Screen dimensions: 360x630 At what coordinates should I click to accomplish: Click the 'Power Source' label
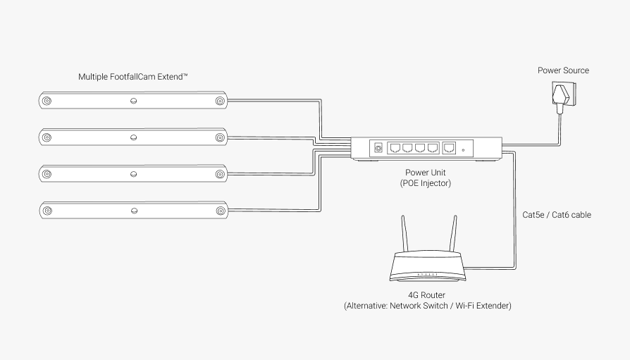pyautogui.click(x=563, y=70)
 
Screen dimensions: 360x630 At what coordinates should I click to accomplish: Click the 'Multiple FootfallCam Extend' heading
pyautogui.click(x=133, y=75)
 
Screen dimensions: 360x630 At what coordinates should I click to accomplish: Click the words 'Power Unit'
pyautogui.click(x=425, y=173)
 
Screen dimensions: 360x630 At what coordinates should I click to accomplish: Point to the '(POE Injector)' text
pyautogui.click(x=425, y=183)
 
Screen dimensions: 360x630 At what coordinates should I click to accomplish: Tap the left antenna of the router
pyautogui.click(x=404, y=232)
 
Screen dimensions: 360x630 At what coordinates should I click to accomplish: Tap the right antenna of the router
pyautogui.click(x=452, y=232)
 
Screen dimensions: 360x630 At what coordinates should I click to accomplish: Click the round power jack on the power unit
pyautogui.click(x=378, y=148)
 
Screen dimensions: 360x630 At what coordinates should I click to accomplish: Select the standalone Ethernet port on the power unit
pyautogui.click(x=449, y=148)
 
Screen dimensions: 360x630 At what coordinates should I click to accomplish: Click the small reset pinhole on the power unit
pyautogui.click(x=463, y=150)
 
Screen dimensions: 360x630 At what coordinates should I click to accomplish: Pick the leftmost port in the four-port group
pyautogui.click(x=395, y=148)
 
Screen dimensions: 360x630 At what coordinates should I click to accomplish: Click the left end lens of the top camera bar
pyautogui.click(x=47, y=101)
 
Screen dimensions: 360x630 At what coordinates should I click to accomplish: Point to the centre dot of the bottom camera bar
pyautogui.click(x=134, y=210)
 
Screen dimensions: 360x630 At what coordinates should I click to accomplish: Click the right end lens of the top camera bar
pyautogui.click(x=220, y=101)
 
